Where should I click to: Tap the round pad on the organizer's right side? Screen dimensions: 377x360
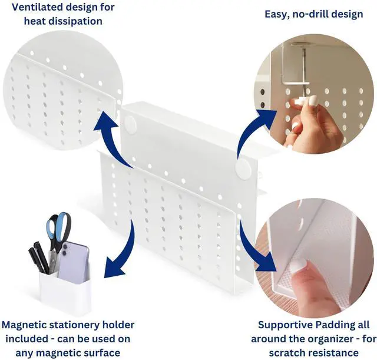click(x=243, y=169)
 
